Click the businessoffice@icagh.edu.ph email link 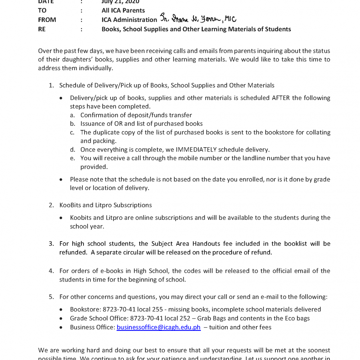158,327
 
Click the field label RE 42,29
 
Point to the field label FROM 47,20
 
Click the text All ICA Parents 123,10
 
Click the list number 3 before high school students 51,244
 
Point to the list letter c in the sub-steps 72,132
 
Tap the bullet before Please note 62,180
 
